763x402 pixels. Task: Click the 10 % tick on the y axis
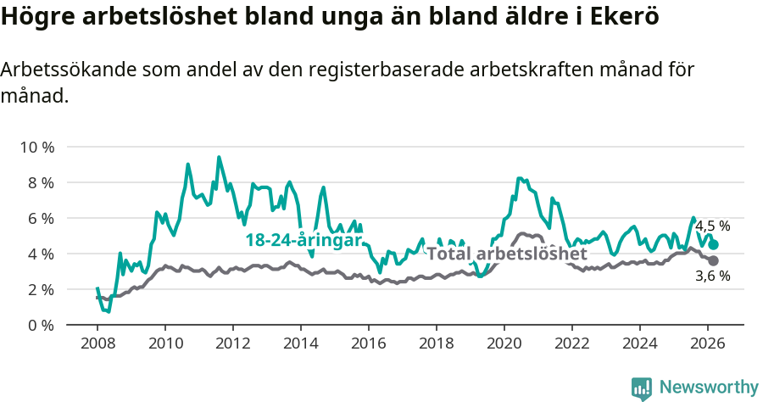coord(37,147)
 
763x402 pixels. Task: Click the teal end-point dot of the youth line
coord(714,244)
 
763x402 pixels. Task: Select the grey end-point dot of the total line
coord(714,260)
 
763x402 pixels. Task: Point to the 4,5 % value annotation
coord(712,226)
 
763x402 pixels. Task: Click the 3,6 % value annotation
coord(712,276)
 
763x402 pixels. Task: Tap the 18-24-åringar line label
coord(304,240)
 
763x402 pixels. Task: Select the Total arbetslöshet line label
coord(506,254)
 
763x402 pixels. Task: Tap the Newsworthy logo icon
coord(642,388)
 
